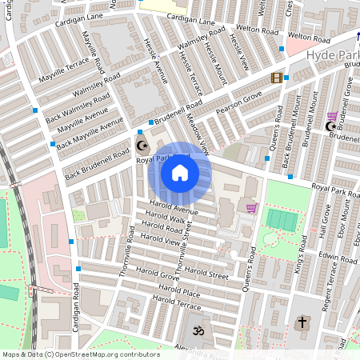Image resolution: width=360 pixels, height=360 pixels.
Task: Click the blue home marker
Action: [x=180, y=172]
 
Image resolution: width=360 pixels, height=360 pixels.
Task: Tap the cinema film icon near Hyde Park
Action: [x=277, y=78]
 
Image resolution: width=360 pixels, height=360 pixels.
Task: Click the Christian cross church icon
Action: [x=302, y=323]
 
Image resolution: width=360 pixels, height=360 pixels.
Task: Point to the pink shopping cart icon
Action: [x=252, y=208]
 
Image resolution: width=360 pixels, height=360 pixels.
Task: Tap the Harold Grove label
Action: [x=158, y=277]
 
